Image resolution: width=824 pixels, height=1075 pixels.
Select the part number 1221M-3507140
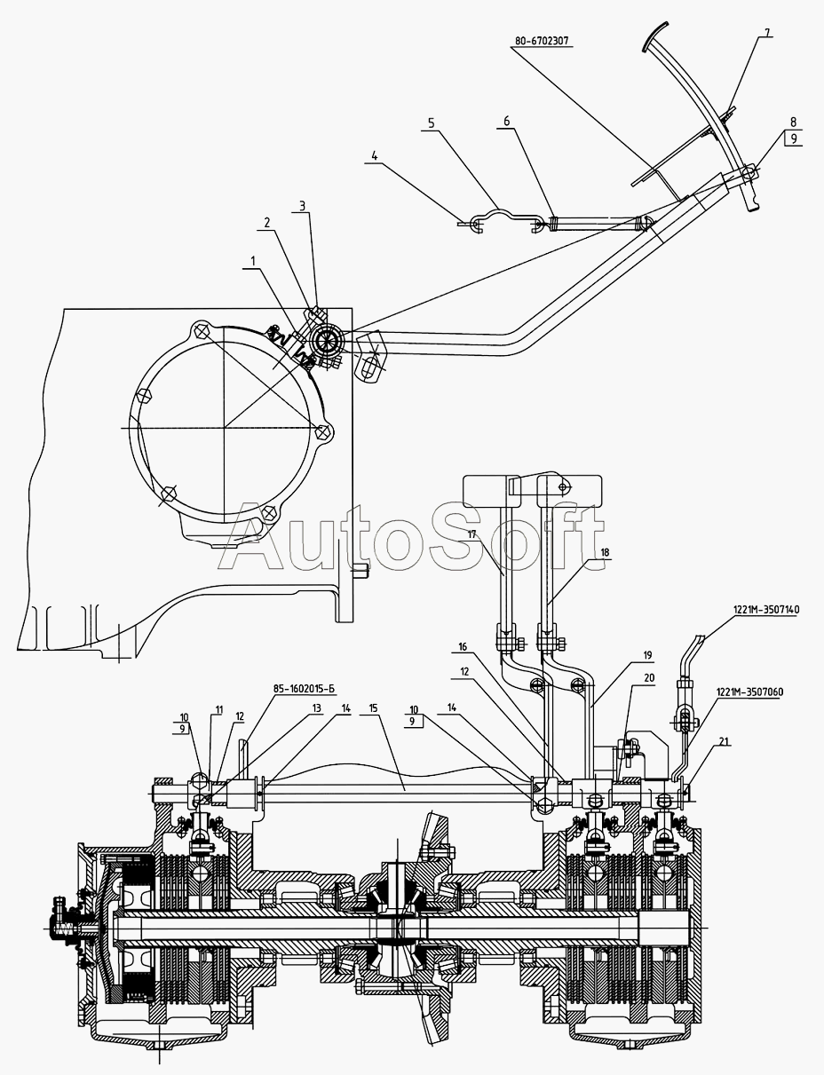(765, 610)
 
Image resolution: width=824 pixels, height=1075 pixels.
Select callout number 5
(431, 124)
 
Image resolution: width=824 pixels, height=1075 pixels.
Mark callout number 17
(473, 534)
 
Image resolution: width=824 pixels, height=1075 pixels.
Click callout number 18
(605, 552)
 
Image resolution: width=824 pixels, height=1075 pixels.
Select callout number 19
(647, 655)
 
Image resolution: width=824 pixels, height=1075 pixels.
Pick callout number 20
(648, 676)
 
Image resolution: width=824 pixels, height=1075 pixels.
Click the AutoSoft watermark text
(404, 537)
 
